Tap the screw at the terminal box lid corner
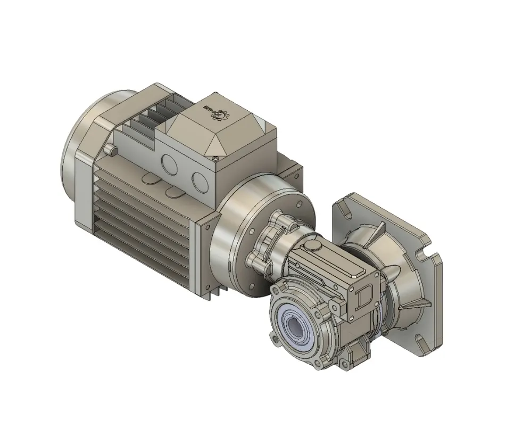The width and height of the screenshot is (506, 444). coord(215,157)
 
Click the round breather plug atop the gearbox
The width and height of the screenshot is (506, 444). coord(310,245)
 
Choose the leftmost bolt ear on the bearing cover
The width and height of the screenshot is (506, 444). coord(274,339)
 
